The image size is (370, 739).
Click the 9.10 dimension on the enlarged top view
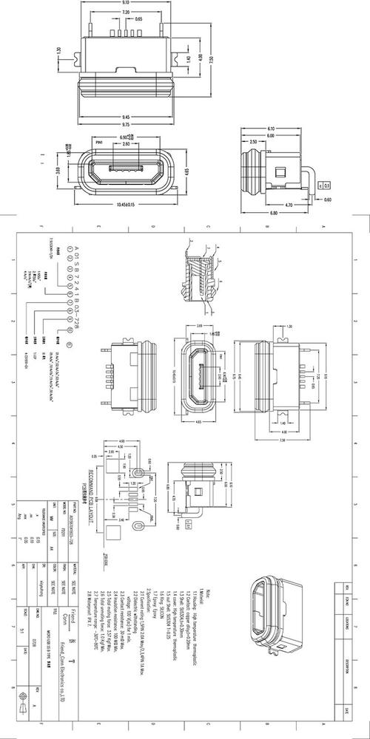click(126, 4)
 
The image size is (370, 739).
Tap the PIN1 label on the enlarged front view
click(98, 140)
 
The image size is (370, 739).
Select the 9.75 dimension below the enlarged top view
click(126, 124)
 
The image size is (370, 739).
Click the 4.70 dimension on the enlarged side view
click(288, 204)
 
